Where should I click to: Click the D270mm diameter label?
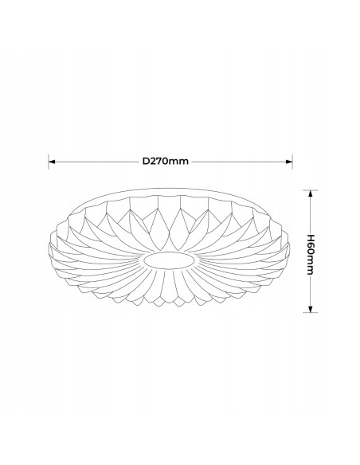166,160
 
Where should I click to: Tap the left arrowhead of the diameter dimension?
54,160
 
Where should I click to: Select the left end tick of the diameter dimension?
49,160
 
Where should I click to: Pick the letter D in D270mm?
147,160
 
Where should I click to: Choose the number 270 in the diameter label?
162,160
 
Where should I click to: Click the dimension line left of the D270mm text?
96,160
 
